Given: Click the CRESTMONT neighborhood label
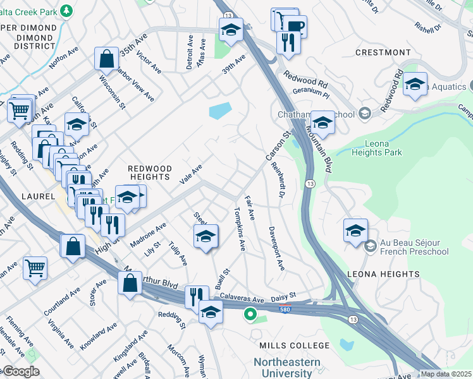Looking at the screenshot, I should (383, 52).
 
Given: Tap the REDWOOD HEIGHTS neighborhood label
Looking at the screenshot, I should (150, 172).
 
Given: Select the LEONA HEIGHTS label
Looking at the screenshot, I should (383, 274).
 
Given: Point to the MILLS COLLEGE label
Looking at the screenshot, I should (295, 346).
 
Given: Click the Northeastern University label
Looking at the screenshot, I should (286, 368).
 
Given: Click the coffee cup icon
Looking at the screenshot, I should (294, 26).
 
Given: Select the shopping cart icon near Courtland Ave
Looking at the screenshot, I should (35, 267).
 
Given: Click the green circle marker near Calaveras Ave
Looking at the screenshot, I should (250, 313).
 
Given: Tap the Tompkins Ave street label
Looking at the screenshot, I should (239, 228).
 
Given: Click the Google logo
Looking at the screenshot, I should (20, 371).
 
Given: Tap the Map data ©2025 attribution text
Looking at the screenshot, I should (446, 374).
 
